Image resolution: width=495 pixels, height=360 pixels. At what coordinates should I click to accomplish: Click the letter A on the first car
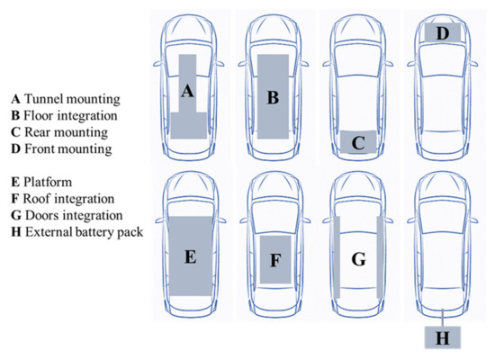(x=187, y=91)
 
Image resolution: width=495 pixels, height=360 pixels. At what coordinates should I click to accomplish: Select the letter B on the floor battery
(x=273, y=96)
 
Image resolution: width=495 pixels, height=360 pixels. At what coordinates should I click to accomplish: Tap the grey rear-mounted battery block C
(x=358, y=142)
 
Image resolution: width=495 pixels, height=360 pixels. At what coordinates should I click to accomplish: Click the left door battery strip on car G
(x=336, y=258)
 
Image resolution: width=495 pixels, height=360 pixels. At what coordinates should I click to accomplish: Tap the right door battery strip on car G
(x=380, y=258)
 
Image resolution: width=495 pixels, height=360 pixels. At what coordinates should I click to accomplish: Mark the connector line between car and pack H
(x=443, y=317)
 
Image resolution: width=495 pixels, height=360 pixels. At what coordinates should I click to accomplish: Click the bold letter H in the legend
(x=13, y=234)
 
